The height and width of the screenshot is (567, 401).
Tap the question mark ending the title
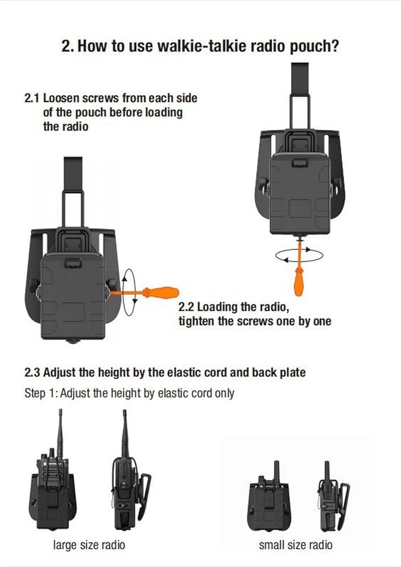coord(335,46)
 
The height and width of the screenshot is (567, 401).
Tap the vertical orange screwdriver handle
coord(299,282)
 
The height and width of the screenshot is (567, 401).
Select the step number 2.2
coord(186,307)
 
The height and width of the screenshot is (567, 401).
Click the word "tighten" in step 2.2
coord(196,321)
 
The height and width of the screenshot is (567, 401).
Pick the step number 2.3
coord(32,373)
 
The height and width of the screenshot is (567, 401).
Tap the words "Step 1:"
coord(40,393)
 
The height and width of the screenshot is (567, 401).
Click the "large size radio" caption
coord(89,545)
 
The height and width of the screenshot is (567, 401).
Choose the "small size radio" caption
coord(296,545)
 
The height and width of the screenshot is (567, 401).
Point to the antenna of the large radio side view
coord(125,434)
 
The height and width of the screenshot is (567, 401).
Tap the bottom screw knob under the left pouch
coord(73,341)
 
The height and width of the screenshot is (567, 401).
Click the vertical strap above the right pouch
coord(299,95)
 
